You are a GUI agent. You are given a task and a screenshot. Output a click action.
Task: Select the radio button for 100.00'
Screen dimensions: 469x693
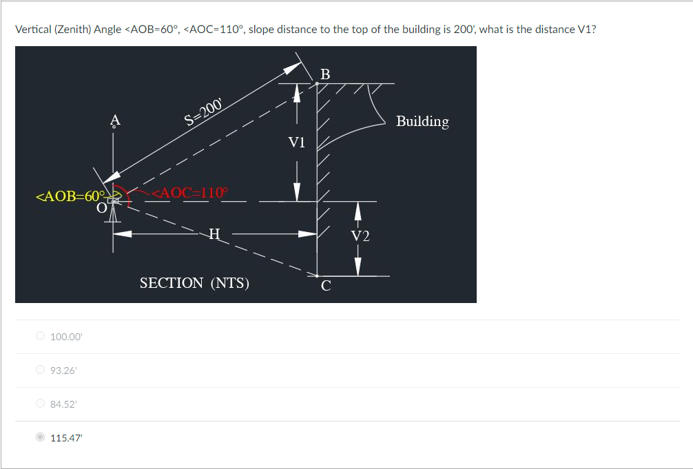[x=41, y=336]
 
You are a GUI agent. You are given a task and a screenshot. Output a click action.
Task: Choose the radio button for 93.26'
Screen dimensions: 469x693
[x=41, y=370]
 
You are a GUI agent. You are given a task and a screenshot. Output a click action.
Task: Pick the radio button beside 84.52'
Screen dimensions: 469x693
[x=41, y=404]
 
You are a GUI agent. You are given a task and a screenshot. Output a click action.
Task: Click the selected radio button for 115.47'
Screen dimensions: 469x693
[x=41, y=437]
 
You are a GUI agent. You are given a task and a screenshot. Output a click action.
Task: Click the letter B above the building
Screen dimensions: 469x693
[x=326, y=74]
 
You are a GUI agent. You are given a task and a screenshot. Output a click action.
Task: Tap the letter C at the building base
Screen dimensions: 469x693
[x=326, y=286]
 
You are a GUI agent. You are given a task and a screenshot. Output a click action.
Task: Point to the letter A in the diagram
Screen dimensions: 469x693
[x=115, y=120]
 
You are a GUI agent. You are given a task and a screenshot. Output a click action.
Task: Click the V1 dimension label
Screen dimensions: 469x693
[x=297, y=143]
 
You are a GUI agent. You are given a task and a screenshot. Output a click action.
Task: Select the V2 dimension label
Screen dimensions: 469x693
[x=360, y=237]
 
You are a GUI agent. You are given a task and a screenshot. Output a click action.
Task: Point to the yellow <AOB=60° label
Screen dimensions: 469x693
[x=69, y=196]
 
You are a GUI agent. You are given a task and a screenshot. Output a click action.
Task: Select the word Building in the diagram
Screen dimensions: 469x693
[x=422, y=121]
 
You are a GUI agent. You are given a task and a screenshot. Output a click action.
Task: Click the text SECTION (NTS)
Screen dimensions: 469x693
[x=194, y=283]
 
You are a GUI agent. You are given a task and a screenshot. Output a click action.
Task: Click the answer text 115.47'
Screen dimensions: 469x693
[x=66, y=437]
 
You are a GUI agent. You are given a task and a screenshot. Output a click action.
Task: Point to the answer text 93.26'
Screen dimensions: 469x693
[x=63, y=370]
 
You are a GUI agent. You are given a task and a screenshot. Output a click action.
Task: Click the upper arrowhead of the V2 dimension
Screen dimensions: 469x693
[x=358, y=207]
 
